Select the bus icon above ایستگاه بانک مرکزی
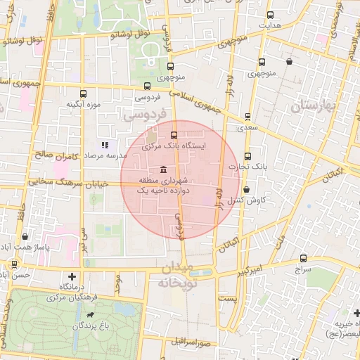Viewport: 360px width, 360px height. click(174, 135)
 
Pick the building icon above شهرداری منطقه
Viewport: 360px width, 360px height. click(163, 169)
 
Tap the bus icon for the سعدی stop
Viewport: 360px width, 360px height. click(247, 117)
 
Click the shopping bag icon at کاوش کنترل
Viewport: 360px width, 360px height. click(247, 189)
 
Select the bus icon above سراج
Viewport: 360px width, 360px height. click(303, 258)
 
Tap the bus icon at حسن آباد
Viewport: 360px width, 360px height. click(13, 264)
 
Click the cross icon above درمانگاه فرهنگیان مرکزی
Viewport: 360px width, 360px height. click(72, 277)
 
